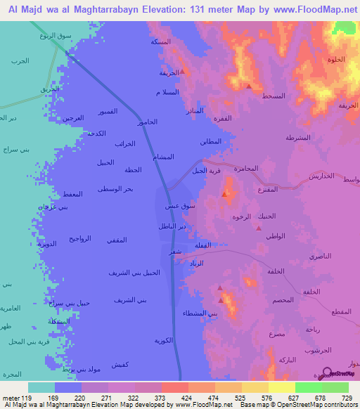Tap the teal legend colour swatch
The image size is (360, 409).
point(41,387)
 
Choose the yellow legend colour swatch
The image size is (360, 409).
point(282,387)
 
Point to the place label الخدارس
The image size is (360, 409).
point(321,176)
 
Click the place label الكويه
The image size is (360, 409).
point(164,340)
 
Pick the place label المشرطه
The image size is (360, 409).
point(300,138)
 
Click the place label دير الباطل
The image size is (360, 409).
point(172,227)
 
